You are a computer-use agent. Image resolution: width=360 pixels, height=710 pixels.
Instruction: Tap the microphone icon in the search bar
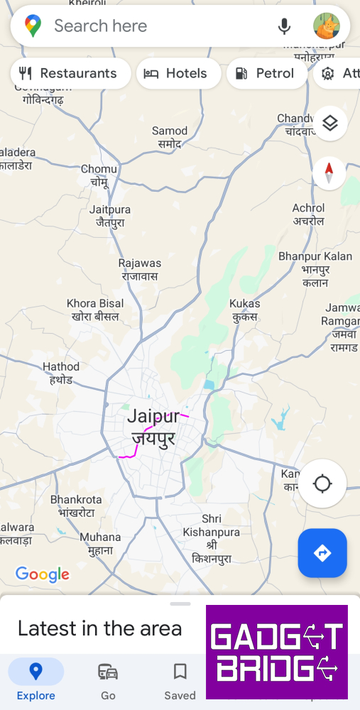(x=284, y=27)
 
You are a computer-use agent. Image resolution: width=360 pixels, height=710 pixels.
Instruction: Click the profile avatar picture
(x=326, y=27)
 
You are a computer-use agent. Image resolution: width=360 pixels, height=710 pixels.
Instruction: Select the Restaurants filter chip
(x=70, y=73)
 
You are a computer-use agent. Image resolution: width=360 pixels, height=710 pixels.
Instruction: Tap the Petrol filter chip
(x=266, y=73)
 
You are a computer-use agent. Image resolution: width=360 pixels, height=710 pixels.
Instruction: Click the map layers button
(x=329, y=123)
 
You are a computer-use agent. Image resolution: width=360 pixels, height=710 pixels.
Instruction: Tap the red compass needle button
(x=329, y=173)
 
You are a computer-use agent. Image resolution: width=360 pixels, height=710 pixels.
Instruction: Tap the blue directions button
(x=322, y=553)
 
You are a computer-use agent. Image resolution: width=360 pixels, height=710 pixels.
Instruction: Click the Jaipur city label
(x=153, y=427)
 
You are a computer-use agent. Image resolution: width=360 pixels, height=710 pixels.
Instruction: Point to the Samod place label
(x=170, y=136)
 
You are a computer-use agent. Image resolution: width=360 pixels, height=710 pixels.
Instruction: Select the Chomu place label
(x=99, y=175)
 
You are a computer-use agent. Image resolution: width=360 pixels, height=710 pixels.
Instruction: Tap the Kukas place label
(x=244, y=310)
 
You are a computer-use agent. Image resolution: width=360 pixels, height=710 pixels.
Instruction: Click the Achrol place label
(x=309, y=214)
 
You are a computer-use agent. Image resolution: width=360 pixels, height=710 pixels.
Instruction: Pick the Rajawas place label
(x=140, y=269)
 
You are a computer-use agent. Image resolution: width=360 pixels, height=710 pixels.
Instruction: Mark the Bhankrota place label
(x=76, y=506)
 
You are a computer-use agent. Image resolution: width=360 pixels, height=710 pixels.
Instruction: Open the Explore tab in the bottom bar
(x=36, y=679)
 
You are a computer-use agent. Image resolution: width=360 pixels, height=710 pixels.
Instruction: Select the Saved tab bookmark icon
(x=180, y=671)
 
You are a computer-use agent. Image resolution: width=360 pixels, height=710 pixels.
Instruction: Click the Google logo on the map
(x=43, y=574)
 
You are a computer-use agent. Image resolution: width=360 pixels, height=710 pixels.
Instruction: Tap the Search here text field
(x=142, y=26)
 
